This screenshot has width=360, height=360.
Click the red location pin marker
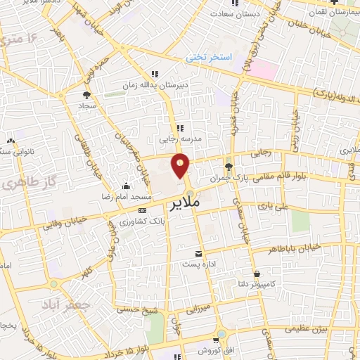tap(181, 167)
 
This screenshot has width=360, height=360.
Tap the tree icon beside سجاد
tap(86, 94)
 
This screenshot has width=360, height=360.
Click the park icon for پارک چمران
tap(229, 166)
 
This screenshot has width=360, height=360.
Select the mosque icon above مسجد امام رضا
tap(126, 186)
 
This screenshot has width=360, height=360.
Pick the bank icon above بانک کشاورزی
tap(143, 210)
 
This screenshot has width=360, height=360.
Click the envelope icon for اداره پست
tap(198, 253)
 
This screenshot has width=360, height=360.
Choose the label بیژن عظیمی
tap(307, 328)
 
